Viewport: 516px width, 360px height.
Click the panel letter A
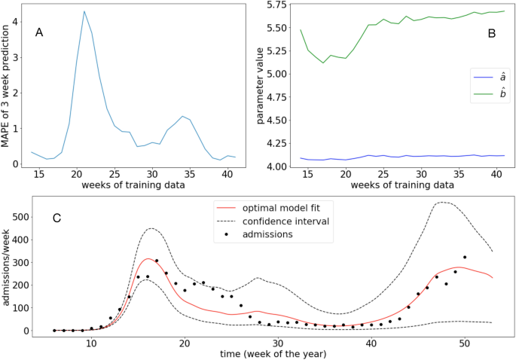pyautogui.click(x=39, y=33)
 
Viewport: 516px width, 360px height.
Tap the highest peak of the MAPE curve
pyautogui.click(x=84, y=11)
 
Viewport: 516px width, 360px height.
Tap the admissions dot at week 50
pyautogui.click(x=465, y=258)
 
